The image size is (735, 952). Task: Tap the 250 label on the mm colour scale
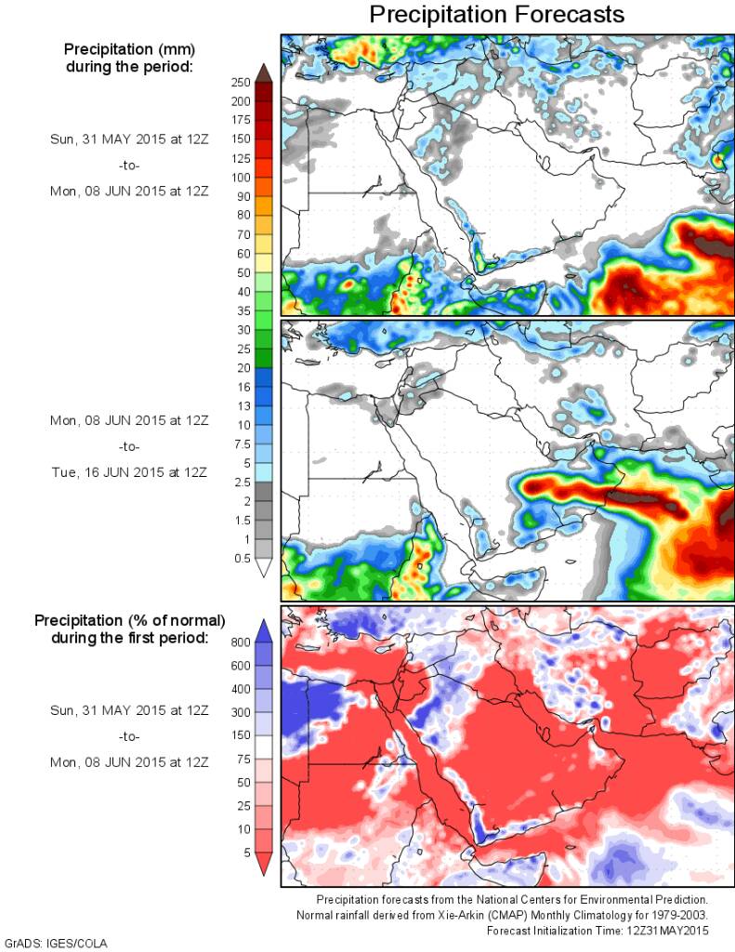tap(240, 83)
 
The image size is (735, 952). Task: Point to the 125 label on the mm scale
tap(240, 158)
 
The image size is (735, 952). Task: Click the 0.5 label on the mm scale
tap(240, 558)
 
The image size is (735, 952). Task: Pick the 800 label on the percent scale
tap(240, 641)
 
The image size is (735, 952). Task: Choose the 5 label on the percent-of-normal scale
tap(245, 852)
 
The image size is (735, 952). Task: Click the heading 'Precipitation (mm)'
tap(129, 49)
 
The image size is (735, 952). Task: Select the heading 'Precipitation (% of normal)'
tap(129, 619)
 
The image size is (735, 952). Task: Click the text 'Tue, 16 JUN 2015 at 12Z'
tap(129, 472)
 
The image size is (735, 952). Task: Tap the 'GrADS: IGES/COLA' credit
tap(56, 944)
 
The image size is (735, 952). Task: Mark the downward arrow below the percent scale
tap(264, 865)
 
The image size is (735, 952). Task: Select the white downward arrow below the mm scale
tap(264, 568)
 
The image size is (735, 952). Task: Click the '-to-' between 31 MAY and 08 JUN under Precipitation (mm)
tap(129, 165)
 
